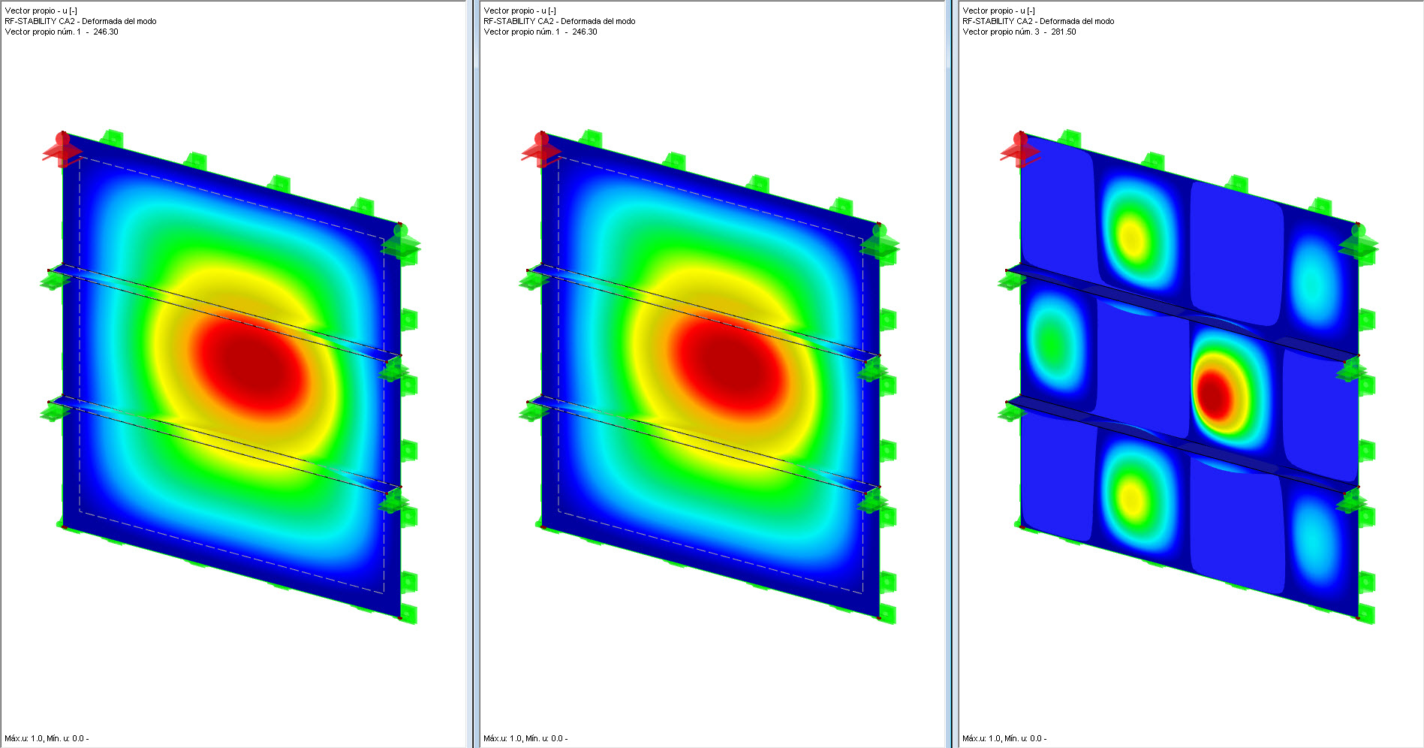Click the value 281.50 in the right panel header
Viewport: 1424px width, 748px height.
[1063, 32]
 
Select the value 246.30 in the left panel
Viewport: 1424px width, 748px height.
[106, 32]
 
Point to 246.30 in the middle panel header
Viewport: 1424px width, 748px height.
[585, 32]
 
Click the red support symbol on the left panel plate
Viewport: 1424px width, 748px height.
[62, 149]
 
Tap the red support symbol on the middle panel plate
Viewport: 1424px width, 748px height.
[541, 149]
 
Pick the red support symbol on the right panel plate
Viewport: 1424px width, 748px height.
[1019, 149]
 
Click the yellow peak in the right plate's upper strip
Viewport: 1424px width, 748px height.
[1132, 239]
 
